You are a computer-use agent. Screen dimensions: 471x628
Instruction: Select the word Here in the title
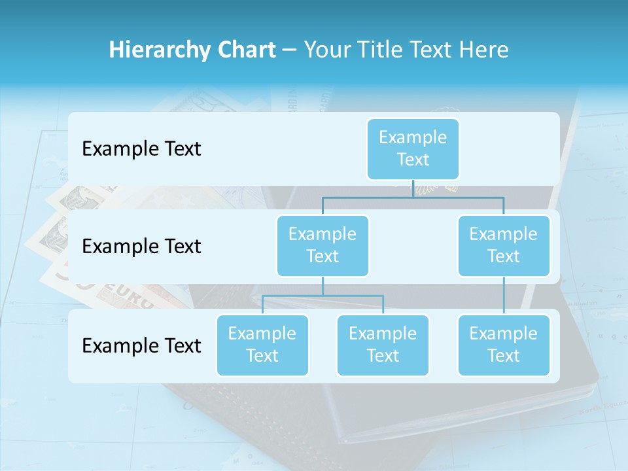485,50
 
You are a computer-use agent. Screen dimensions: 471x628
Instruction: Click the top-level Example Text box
413,148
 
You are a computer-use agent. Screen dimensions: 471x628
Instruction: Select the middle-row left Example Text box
323,245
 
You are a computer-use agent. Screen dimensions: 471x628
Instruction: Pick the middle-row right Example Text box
504,245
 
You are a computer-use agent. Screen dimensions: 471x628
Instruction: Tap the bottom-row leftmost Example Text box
262,345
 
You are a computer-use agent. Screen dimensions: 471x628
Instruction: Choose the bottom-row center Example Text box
383,345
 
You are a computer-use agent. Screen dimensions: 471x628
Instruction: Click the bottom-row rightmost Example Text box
504,345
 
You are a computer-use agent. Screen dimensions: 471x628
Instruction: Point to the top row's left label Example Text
141,149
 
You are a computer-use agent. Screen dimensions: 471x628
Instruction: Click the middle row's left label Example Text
141,247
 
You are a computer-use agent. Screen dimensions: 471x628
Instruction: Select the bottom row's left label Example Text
141,345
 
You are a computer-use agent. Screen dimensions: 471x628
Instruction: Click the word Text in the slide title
428,50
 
